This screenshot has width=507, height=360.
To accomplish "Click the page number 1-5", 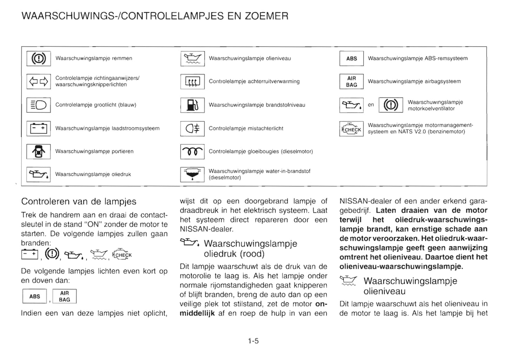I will point(253,341).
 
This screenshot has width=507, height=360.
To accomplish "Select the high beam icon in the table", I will point(39,105).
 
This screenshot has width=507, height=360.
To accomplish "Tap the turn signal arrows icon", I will point(39,82).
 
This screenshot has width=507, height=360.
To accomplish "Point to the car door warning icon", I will point(39,152).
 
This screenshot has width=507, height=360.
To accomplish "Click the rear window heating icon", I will point(192,82).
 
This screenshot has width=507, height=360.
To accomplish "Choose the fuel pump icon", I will point(192,105).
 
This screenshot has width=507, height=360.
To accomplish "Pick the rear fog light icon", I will point(192,128).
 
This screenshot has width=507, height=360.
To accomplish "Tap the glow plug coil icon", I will point(192,152).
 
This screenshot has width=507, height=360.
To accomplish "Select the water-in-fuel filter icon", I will point(192,174).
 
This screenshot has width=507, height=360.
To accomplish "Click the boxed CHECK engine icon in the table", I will point(351,129).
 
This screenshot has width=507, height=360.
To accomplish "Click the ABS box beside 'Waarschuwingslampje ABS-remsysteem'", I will point(351,59).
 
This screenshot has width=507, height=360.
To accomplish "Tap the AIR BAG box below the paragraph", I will point(65,296).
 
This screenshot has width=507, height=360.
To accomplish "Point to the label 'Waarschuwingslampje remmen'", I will point(94,58).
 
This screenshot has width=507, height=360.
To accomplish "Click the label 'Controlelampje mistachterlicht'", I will point(246,128).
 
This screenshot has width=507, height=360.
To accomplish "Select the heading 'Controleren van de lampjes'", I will point(79,201).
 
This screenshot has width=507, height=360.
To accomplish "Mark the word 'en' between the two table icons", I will point(371,105).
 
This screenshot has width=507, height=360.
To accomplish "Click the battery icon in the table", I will point(39,128).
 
